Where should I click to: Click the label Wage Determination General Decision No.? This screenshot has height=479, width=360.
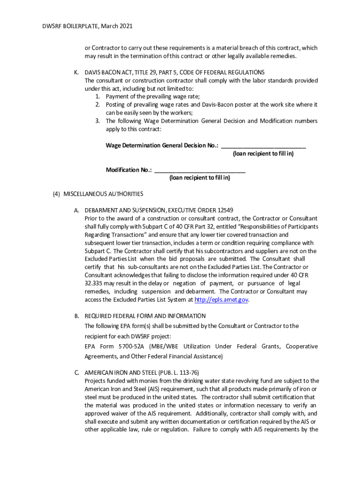point(162,145)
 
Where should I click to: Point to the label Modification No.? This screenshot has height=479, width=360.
point(129,170)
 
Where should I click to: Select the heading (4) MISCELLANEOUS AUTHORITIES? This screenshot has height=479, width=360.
point(98,194)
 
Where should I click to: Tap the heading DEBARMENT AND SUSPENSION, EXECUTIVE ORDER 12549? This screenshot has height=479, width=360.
point(158,210)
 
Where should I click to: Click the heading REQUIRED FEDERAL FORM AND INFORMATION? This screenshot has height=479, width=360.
point(145,316)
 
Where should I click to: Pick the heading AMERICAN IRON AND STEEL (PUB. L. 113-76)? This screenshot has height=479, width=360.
point(142,373)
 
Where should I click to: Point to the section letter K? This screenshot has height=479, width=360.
point(76,73)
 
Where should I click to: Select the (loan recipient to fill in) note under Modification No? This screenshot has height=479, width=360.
point(200,178)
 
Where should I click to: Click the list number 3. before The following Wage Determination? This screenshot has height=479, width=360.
point(98,121)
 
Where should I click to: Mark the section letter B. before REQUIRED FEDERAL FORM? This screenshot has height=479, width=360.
point(76,316)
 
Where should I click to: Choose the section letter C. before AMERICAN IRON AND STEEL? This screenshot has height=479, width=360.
point(76,373)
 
